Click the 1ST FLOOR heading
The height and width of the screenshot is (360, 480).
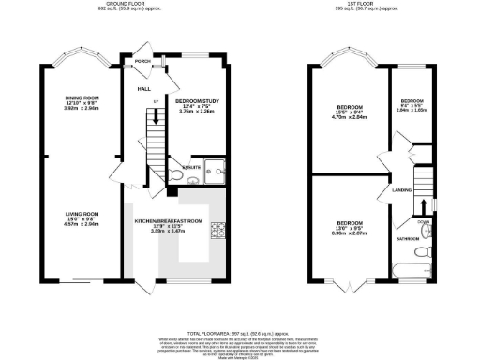point(374,5)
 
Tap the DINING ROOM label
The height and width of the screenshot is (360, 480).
point(79,98)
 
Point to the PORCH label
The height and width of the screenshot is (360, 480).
point(142,61)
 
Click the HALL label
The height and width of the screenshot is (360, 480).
point(144,89)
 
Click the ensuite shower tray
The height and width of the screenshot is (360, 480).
point(217,172)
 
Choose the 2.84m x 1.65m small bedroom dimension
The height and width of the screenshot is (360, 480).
point(413,110)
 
